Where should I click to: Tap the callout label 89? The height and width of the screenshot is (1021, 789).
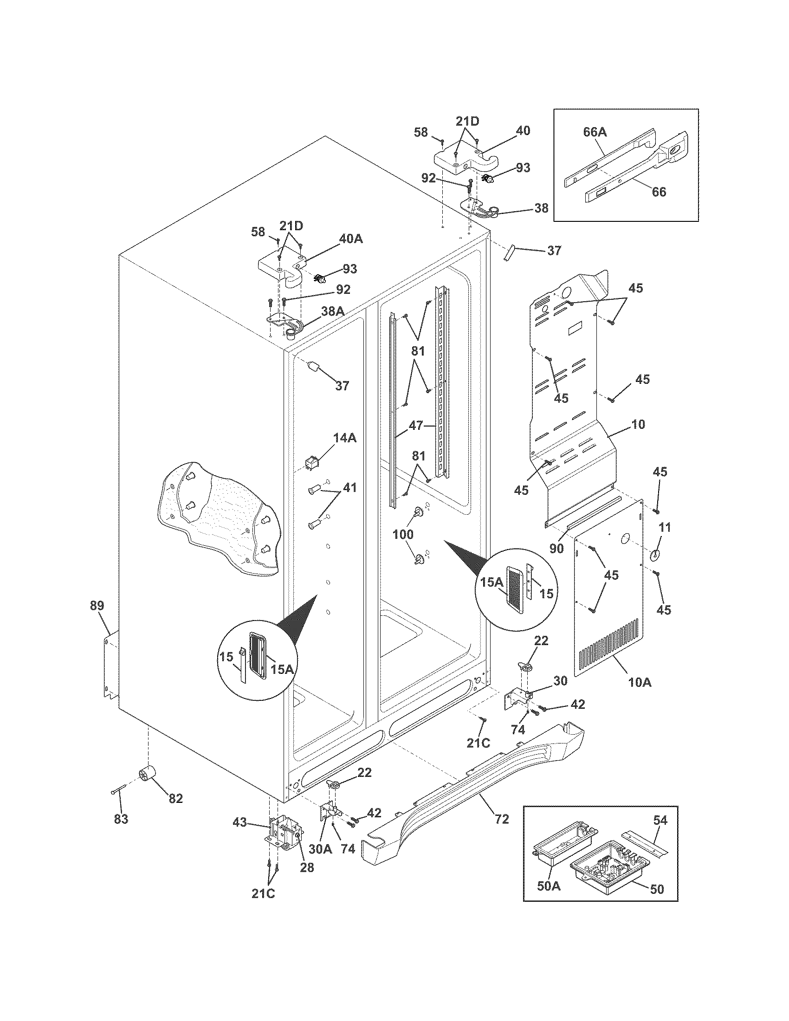pyautogui.click(x=97, y=606)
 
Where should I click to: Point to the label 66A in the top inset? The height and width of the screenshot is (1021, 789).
pyautogui.click(x=595, y=132)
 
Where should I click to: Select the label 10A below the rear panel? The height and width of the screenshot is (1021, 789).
pyautogui.click(x=640, y=683)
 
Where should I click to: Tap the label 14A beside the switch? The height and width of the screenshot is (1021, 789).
pyautogui.click(x=344, y=438)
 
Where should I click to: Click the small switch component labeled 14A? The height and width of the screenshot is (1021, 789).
pyautogui.click(x=310, y=464)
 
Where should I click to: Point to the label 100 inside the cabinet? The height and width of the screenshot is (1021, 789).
pyautogui.click(x=403, y=535)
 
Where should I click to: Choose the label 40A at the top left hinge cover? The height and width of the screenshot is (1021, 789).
pyautogui.click(x=350, y=239)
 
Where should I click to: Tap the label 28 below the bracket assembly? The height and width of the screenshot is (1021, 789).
pyautogui.click(x=307, y=868)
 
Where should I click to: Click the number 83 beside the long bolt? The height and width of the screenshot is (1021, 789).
pyautogui.click(x=121, y=819)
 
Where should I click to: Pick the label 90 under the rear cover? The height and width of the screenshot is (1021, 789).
pyautogui.click(x=556, y=549)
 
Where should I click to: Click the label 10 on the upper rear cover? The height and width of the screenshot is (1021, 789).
pyautogui.click(x=638, y=424)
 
